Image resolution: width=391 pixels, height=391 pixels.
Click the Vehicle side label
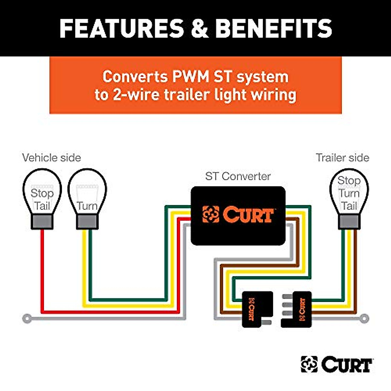(x=51, y=158)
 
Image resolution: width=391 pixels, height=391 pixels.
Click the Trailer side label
(x=342, y=158)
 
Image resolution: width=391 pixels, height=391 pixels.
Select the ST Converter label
(x=238, y=176)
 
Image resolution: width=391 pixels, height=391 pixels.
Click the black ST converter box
(x=238, y=216)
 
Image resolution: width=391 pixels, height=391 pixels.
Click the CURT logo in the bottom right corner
(x=336, y=365)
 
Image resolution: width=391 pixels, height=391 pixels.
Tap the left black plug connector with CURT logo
(x=257, y=309)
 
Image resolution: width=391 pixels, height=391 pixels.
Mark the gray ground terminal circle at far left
(x=27, y=318)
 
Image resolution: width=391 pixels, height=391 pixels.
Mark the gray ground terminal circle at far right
(x=364, y=318)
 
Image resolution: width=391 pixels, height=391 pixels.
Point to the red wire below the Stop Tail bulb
(x=42, y=270)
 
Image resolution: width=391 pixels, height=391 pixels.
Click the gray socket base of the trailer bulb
(x=349, y=222)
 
